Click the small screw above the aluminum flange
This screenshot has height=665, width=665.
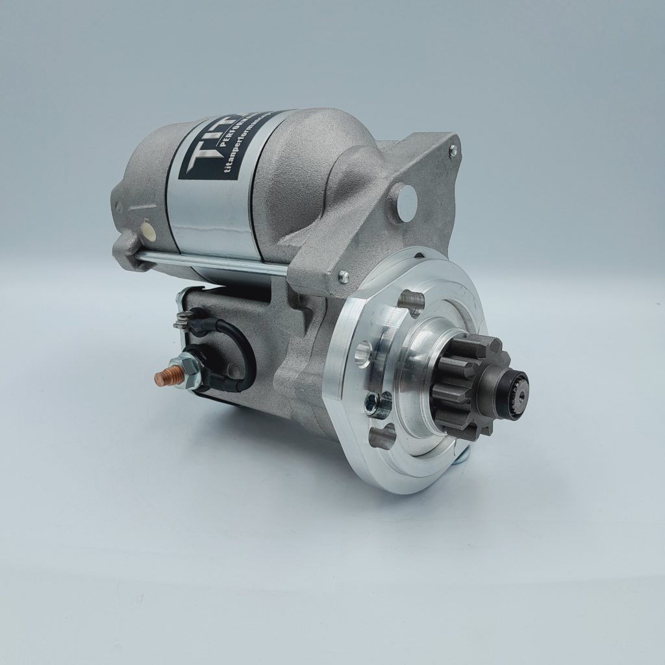[x=344, y=277]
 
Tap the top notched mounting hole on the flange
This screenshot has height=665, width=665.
[x=412, y=300]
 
